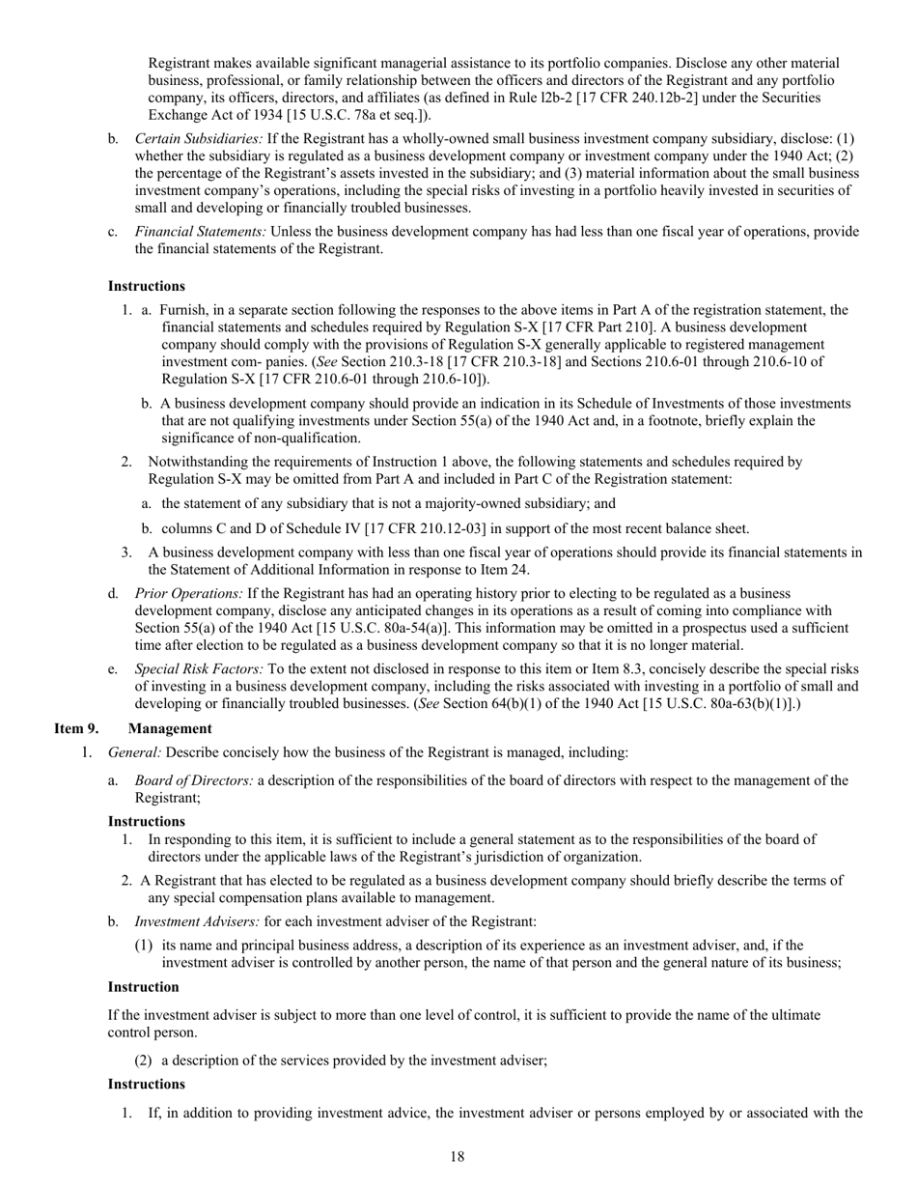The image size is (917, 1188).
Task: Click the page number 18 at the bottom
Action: pos(458,1158)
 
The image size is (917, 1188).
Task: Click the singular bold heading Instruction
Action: pos(143,987)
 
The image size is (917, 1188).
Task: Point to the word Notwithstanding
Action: pos(197,462)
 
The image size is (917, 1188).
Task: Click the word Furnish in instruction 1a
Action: pos(182,310)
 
